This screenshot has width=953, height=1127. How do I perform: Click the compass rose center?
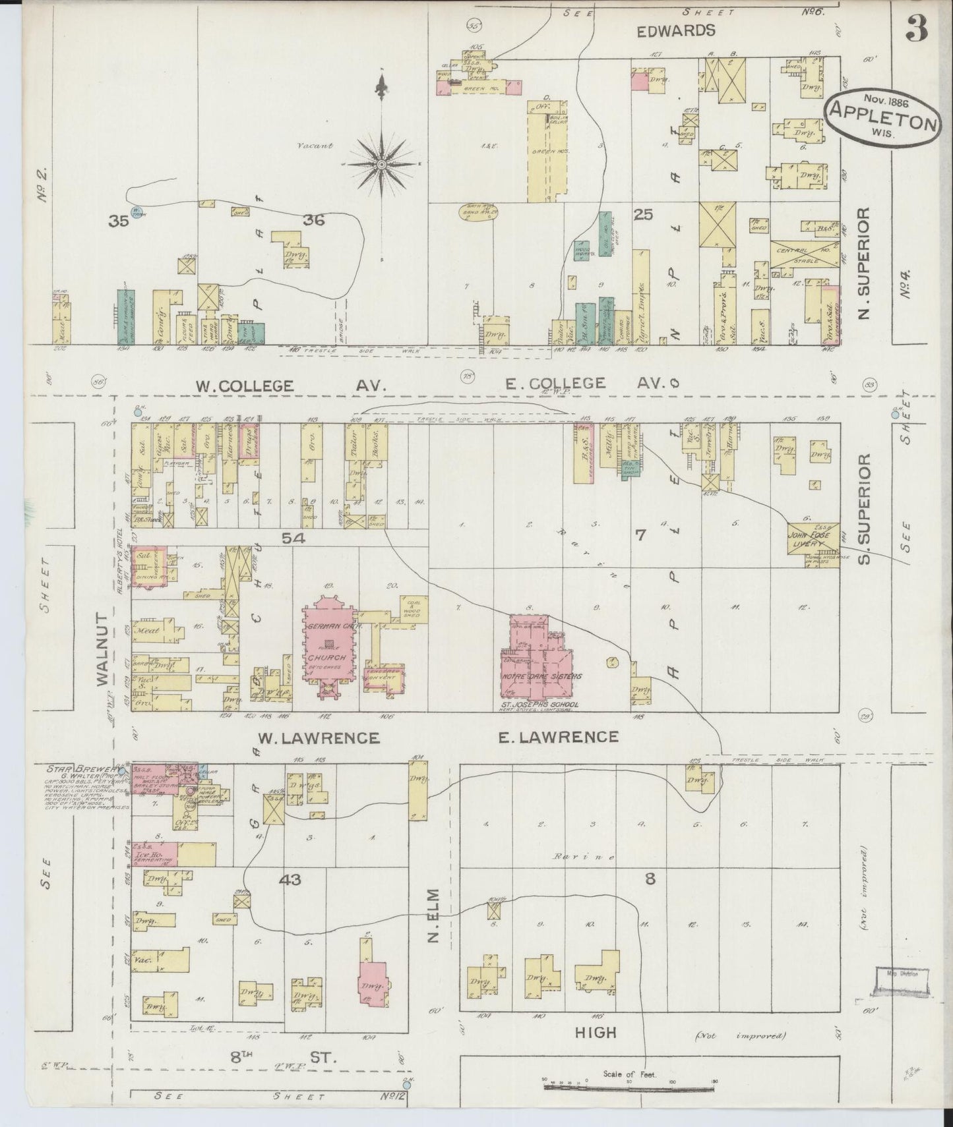pyautogui.click(x=382, y=163)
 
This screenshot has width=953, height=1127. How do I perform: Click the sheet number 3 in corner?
pyautogui.click(x=917, y=28)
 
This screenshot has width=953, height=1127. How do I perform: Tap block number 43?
pyautogui.click(x=290, y=879)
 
